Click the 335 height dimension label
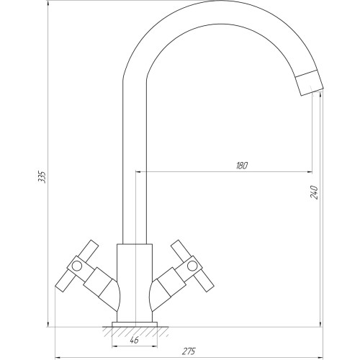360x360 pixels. pos(42,177)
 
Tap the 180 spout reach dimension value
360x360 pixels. pos(241,166)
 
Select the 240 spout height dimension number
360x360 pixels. pos(314,192)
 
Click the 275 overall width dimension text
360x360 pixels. pos(189,351)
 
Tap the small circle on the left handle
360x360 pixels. pos(77,266)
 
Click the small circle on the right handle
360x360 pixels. pos(192,266)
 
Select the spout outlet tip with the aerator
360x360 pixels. pos(310,83)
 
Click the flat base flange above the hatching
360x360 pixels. pos(135,325)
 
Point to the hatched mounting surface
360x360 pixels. pos(135,332)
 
